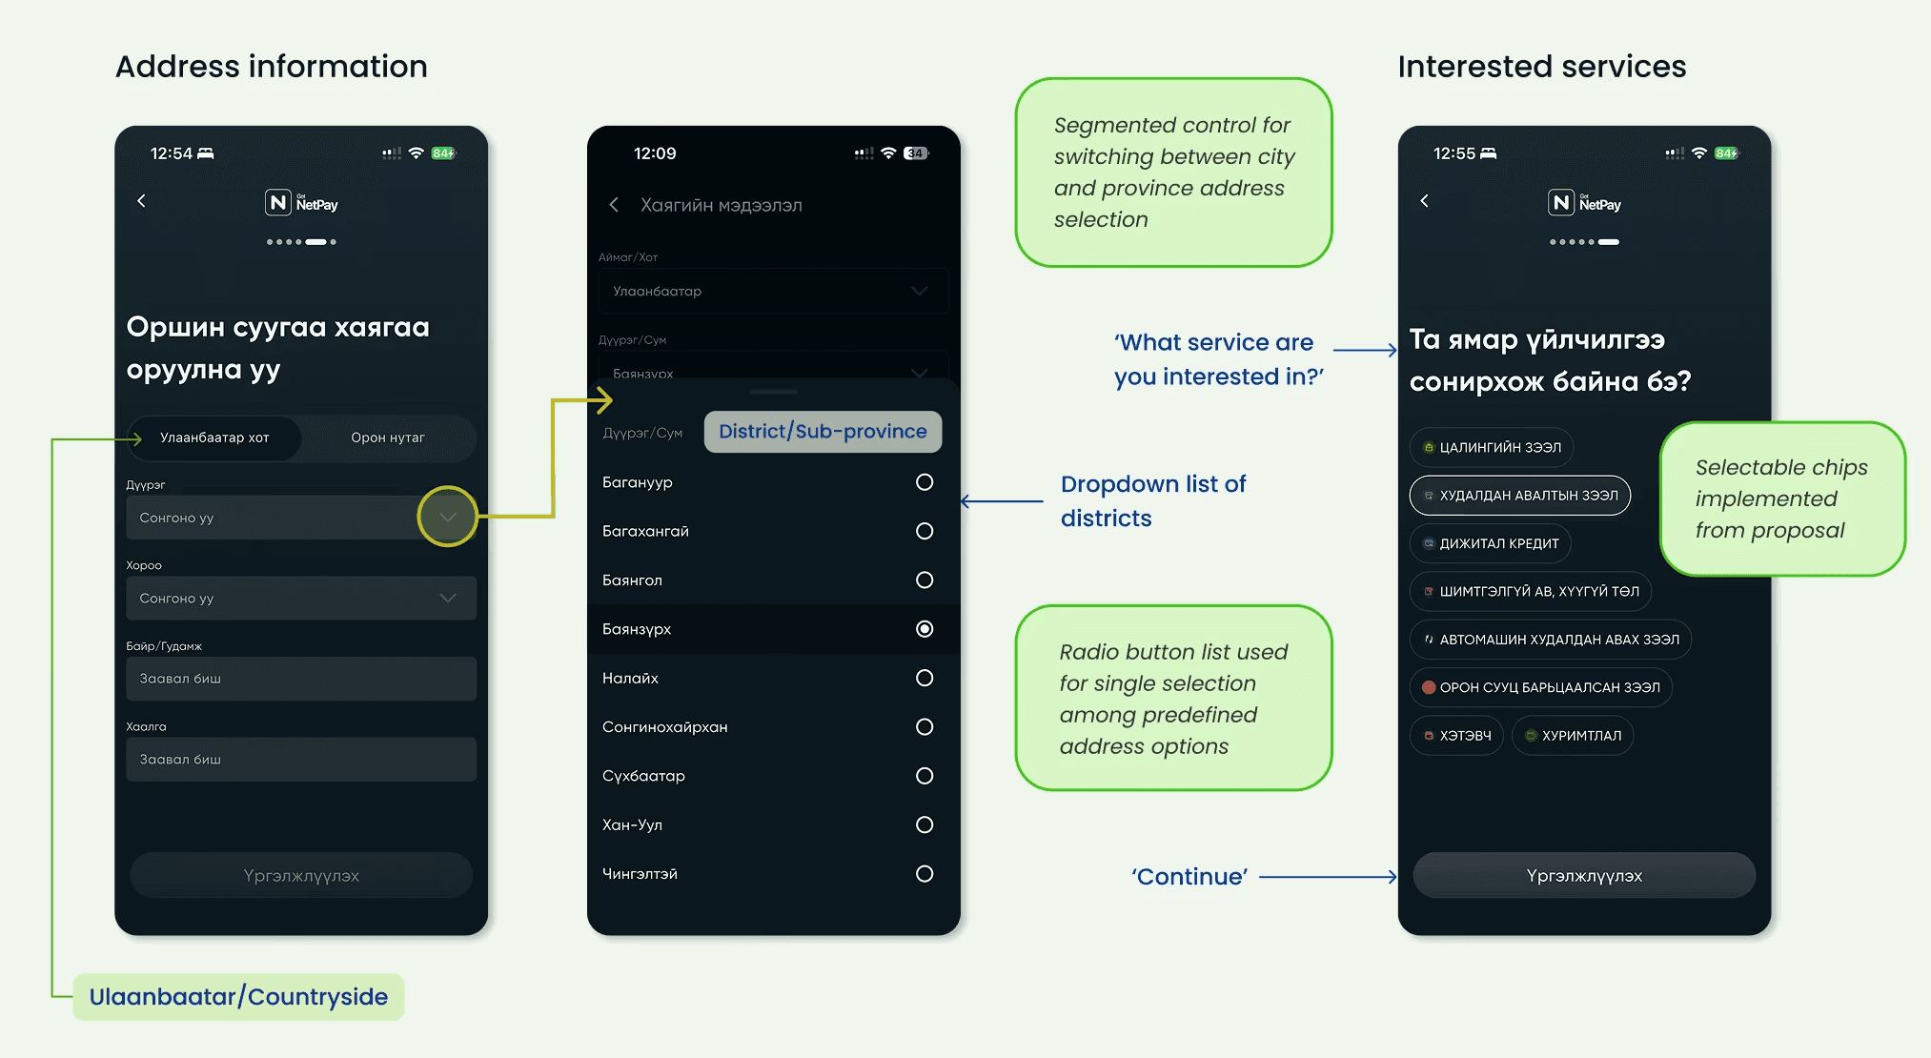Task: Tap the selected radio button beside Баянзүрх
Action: coord(924,629)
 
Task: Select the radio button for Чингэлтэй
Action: coord(924,874)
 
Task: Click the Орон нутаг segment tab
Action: coord(388,437)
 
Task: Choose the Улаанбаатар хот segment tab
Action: coord(214,437)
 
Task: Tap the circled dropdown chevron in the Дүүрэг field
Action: coord(447,517)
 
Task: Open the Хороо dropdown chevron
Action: coord(447,598)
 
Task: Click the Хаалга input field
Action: coord(300,760)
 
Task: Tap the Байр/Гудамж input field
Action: coord(300,679)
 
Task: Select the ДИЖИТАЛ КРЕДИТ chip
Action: coord(1490,543)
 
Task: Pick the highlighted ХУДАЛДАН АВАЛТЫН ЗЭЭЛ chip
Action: coord(1519,496)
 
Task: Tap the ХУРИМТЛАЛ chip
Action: coord(1573,736)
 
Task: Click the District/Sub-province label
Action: coord(823,432)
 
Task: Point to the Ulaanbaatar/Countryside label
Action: coord(238,997)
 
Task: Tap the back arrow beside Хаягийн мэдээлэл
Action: coord(615,205)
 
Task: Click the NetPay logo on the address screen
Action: coord(301,203)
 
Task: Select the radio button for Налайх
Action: coord(924,678)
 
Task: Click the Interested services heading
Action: coord(1541,67)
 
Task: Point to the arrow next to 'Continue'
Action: coord(1329,877)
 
